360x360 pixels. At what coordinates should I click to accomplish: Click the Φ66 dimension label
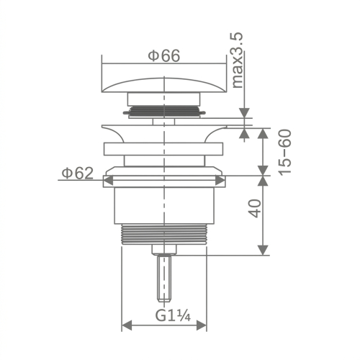(x=164, y=56)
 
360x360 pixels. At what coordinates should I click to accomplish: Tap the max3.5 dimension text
(x=238, y=60)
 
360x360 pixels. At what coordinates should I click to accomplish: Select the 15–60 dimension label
(x=284, y=153)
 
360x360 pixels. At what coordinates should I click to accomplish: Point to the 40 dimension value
(x=255, y=208)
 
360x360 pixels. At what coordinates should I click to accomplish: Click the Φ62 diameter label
(x=78, y=173)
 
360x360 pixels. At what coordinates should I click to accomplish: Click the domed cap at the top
(x=164, y=85)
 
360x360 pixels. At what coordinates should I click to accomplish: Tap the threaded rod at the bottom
(x=164, y=279)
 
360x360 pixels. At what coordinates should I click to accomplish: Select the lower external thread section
(x=164, y=235)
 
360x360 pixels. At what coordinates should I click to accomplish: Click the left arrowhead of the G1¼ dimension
(x=127, y=325)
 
